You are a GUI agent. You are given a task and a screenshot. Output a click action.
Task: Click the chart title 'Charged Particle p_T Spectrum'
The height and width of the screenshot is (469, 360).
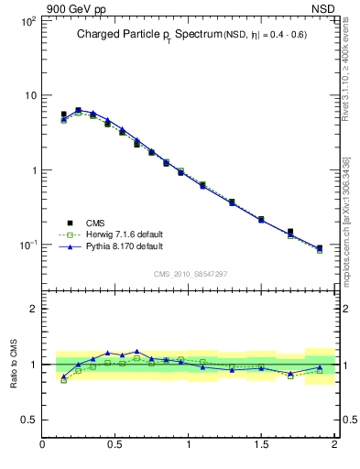[x=147, y=35]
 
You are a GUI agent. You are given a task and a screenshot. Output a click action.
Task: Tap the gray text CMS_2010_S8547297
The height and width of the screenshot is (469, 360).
[x=190, y=274]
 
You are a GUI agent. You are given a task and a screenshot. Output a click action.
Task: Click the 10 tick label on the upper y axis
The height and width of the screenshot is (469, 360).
[x=28, y=95]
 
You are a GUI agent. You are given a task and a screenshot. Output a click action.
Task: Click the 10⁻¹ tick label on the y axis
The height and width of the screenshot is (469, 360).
[x=27, y=245]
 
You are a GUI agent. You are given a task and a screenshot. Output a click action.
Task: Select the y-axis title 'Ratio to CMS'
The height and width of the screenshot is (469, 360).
[x=14, y=364]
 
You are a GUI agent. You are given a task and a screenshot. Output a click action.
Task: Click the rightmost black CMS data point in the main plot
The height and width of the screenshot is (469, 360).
[x=320, y=248]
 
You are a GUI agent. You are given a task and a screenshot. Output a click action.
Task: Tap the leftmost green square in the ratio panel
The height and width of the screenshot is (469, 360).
[x=63, y=379]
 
